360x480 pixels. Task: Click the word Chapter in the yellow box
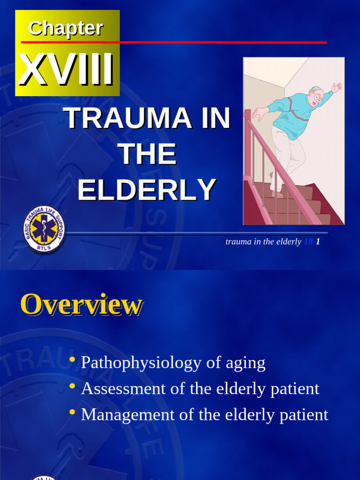[66, 29]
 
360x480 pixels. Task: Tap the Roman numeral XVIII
[66, 70]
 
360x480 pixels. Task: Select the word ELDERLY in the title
[147, 190]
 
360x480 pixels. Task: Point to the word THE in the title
[147, 154]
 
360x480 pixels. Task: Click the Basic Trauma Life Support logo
[44, 229]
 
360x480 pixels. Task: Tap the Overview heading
[81, 305]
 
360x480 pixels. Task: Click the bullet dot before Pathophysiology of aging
[72, 360]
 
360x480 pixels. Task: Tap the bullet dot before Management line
[72, 412]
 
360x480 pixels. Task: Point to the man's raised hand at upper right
[337, 87]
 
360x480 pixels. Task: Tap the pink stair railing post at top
[247, 114]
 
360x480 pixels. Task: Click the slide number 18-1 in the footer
[312, 242]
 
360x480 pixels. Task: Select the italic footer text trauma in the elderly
[263, 242]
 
